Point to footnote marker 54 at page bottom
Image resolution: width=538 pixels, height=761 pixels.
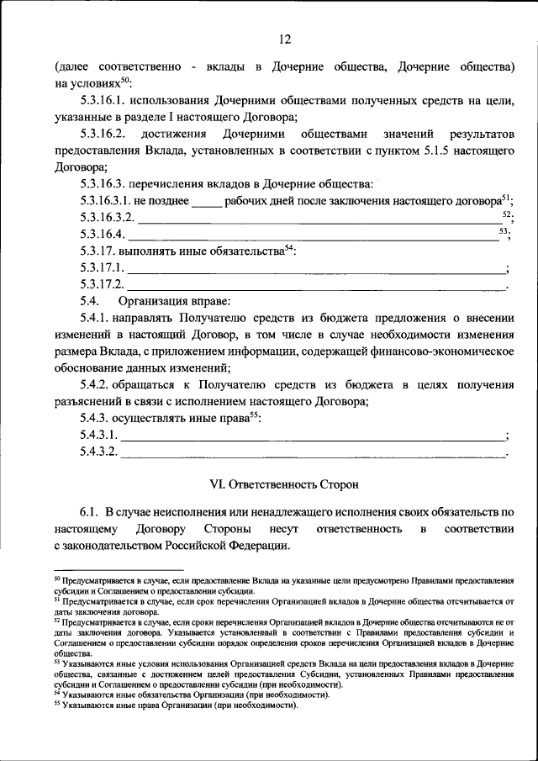57,694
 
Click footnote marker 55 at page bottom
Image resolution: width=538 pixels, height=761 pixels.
57,705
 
